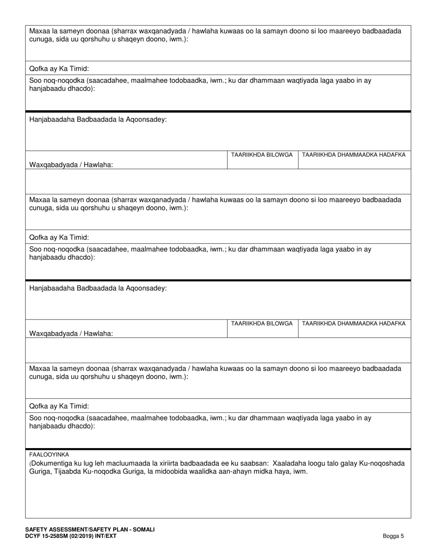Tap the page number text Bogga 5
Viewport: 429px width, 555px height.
pos(393,536)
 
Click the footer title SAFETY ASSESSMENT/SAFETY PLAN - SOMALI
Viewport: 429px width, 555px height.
pos(90,529)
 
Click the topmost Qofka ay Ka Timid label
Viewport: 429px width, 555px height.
pos(59,69)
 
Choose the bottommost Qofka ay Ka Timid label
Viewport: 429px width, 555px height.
pos(59,406)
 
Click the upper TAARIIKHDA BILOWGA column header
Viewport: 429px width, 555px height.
pos(262,155)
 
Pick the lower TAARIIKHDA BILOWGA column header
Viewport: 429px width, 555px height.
pos(262,324)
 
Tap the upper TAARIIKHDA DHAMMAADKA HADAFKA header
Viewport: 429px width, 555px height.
pos(354,155)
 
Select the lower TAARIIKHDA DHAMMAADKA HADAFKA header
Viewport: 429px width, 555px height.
pos(354,324)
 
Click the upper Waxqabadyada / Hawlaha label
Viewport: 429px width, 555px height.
pos(71,165)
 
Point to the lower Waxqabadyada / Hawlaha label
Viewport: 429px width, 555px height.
pos(71,333)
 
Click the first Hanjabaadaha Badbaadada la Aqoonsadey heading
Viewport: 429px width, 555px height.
pos(98,120)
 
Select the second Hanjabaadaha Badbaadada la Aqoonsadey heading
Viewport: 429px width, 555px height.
pos(98,288)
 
